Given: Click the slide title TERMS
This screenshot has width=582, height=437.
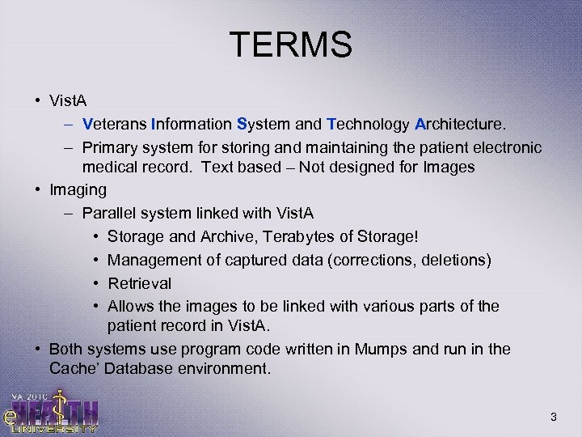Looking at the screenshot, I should pyautogui.click(x=290, y=45).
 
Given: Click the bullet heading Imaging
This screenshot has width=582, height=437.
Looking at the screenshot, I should pyautogui.click(x=78, y=189).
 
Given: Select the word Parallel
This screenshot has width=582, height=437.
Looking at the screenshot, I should pyautogui.click(x=108, y=213).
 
